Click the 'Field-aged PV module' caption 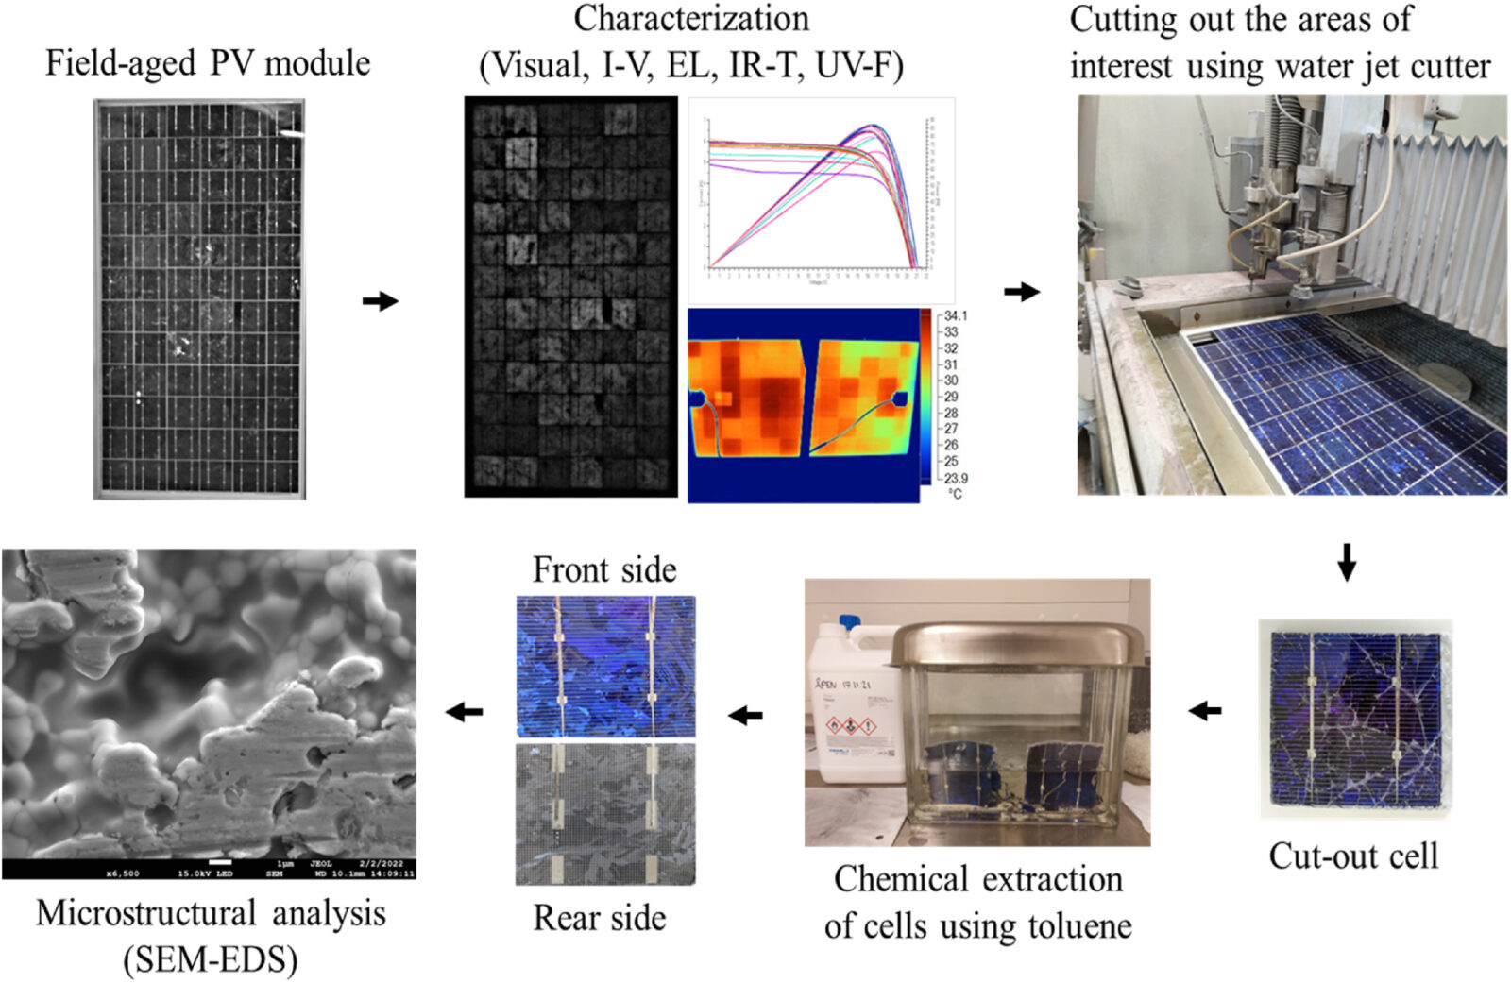point(208,64)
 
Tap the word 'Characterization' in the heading point(691,19)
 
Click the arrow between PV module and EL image point(381,301)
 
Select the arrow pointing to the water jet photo point(1021,292)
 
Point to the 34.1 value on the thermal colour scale point(955,315)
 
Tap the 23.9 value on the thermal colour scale point(955,478)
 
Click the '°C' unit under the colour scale point(955,494)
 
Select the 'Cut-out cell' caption point(1352,856)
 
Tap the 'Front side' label point(604,569)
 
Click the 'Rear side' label point(600,918)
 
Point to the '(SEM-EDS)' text point(211,960)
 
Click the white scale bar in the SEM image point(220,862)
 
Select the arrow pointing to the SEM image point(464,712)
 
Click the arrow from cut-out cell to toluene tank point(1205,710)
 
